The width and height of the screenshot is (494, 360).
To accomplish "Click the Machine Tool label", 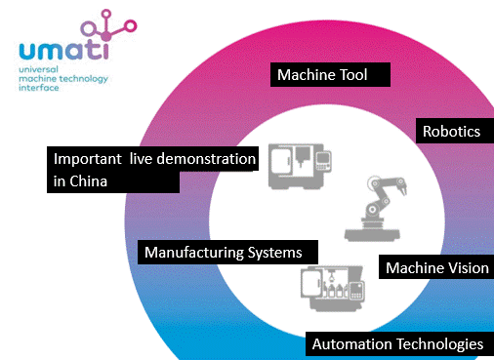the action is click(330, 74).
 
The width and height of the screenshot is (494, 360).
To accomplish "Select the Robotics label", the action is click(455, 131).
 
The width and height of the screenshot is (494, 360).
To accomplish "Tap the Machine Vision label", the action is click(436, 267).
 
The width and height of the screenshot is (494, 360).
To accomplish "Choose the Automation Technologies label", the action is click(399, 343).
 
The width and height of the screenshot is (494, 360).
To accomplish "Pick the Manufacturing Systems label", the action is click(227, 252).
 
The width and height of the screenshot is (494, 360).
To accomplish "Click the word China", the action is click(89, 181).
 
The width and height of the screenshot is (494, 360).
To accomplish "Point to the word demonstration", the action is click(206, 159).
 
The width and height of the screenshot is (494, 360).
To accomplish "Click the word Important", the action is click(87, 159).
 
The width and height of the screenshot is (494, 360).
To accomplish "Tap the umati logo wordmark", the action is click(63, 51).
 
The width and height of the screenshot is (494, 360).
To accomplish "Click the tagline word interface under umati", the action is click(39, 88).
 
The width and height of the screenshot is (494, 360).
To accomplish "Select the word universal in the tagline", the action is click(38, 69).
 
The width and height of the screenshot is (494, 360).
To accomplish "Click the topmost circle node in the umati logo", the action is click(106, 14).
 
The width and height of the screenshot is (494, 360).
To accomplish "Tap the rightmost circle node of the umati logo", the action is click(131, 26).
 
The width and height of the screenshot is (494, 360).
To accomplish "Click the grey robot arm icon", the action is click(375, 209).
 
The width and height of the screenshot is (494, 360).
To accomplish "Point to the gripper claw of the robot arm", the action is click(402, 187).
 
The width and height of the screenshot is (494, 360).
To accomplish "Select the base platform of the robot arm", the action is click(372, 234).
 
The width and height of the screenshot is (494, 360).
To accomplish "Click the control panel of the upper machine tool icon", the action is click(324, 161).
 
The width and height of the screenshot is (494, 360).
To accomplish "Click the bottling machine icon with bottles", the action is click(333, 288).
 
